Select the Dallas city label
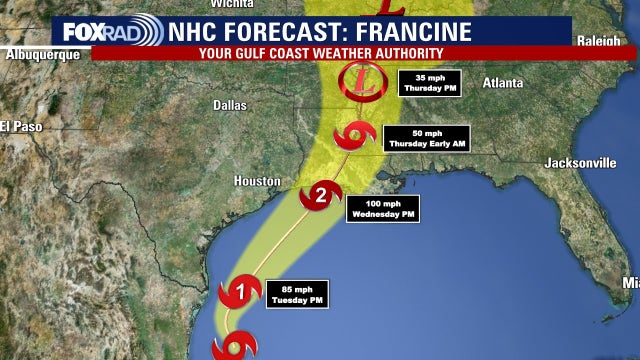coord(231,104)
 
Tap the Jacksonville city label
coord(580,162)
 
